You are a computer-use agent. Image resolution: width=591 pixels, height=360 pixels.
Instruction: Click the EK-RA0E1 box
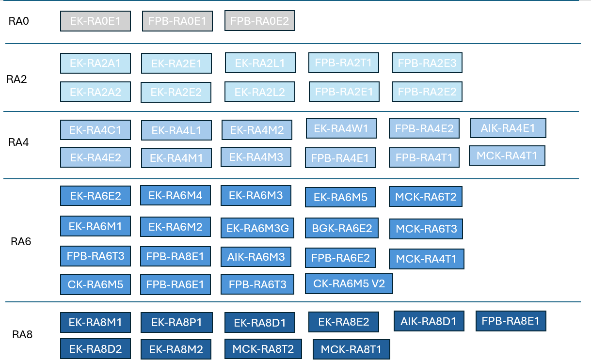[95, 21]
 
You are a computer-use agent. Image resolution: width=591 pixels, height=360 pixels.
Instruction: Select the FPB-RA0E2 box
[259, 20]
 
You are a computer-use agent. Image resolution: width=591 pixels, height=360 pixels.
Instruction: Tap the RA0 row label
[18, 21]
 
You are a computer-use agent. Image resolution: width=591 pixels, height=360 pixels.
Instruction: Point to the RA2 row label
[16, 79]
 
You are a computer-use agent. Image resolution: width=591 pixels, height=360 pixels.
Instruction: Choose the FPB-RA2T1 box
[344, 63]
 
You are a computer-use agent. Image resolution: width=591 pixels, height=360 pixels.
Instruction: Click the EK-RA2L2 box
[259, 92]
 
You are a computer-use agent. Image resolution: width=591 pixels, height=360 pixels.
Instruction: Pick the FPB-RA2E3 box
[427, 63]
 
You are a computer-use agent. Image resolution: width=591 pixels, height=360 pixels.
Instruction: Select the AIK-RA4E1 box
[508, 128]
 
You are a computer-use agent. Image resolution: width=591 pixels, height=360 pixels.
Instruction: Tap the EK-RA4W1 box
[341, 128]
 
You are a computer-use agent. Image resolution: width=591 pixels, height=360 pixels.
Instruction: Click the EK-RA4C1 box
[95, 130]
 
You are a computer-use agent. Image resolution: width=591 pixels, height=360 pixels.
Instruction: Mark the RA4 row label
[18, 142]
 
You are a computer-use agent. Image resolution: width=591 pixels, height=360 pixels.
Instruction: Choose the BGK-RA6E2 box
[342, 228]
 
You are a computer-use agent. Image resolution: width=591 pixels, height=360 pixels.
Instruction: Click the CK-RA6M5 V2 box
[349, 283]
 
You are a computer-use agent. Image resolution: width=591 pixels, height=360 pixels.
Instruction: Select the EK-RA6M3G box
[257, 228]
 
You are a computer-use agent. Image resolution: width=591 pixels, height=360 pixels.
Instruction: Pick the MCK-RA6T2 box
[425, 197]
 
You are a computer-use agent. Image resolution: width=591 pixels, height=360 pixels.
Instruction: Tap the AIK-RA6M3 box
[256, 257]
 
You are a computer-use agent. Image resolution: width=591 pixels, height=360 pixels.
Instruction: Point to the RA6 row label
[21, 241]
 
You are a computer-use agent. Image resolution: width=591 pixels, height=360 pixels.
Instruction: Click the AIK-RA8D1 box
[429, 321]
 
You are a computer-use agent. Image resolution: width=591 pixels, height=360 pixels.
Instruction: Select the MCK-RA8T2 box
[263, 349]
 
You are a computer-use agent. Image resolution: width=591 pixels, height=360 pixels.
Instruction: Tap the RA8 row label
[22, 334]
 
